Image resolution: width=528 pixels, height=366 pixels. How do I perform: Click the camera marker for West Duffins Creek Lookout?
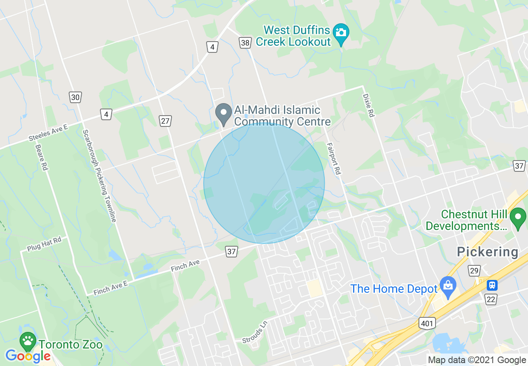(x=341, y=33)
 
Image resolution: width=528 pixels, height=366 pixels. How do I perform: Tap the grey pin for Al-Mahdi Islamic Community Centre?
(x=223, y=113)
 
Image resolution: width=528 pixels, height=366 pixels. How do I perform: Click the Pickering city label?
(x=487, y=252)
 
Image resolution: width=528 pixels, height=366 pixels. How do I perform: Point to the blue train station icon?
(x=492, y=285)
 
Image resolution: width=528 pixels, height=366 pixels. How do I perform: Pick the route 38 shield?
(x=245, y=42)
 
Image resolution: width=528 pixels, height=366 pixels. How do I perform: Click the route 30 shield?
(x=75, y=98)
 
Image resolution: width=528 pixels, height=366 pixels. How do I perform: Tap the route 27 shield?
(x=165, y=121)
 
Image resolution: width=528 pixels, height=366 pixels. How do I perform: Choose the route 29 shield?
(x=473, y=271)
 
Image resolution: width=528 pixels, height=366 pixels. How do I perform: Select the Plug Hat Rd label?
(x=44, y=244)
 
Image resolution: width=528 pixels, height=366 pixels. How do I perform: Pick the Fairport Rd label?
(x=334, y=158)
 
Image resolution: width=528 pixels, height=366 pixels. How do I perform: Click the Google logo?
(x=28, y=356)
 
